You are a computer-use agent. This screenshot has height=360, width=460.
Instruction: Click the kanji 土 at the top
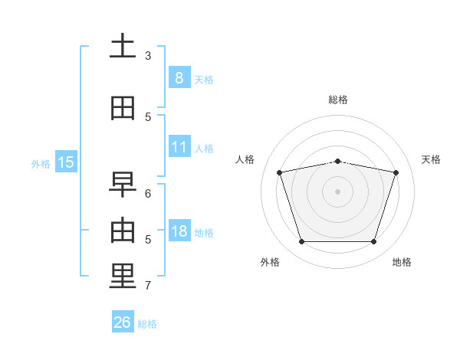tap(122, 47)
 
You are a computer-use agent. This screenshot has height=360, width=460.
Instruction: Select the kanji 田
tap(122, 108)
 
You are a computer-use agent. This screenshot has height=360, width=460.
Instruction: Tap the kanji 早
tap(122, 185)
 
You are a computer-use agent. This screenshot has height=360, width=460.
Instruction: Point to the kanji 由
tap(122, 231)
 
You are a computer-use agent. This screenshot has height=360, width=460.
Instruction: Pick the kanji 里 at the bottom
tap(122, 277)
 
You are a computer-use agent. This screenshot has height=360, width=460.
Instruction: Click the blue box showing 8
tap(179, 78)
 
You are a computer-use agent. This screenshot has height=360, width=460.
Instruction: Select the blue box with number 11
tap(179, 147)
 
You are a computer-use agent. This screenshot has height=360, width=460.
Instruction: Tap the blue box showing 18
tap(179, 231)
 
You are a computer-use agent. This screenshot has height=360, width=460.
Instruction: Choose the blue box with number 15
tap(66, 162)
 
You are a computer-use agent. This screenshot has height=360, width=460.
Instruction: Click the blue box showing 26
tap(122, 322)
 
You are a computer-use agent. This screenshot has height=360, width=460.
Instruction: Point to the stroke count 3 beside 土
tap(148, 56)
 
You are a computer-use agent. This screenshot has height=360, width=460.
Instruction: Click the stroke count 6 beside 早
tap(148, 194)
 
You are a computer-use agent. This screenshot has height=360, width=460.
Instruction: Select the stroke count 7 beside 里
tap(148, 286)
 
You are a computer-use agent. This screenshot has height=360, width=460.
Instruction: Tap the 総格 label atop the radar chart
tap(338, 100)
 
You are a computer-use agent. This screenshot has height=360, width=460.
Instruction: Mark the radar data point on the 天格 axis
tap(396, 172)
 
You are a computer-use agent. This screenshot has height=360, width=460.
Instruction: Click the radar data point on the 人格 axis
tap(280, 172)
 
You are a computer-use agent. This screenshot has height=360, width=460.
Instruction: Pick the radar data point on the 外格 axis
tap(301, 242)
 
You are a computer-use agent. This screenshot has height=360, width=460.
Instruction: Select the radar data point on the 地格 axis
tap(373, 242)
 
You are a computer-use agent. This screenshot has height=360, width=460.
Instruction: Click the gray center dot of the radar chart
tap(337, 191)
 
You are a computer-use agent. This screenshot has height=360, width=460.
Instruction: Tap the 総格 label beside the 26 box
tap(147, 324)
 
